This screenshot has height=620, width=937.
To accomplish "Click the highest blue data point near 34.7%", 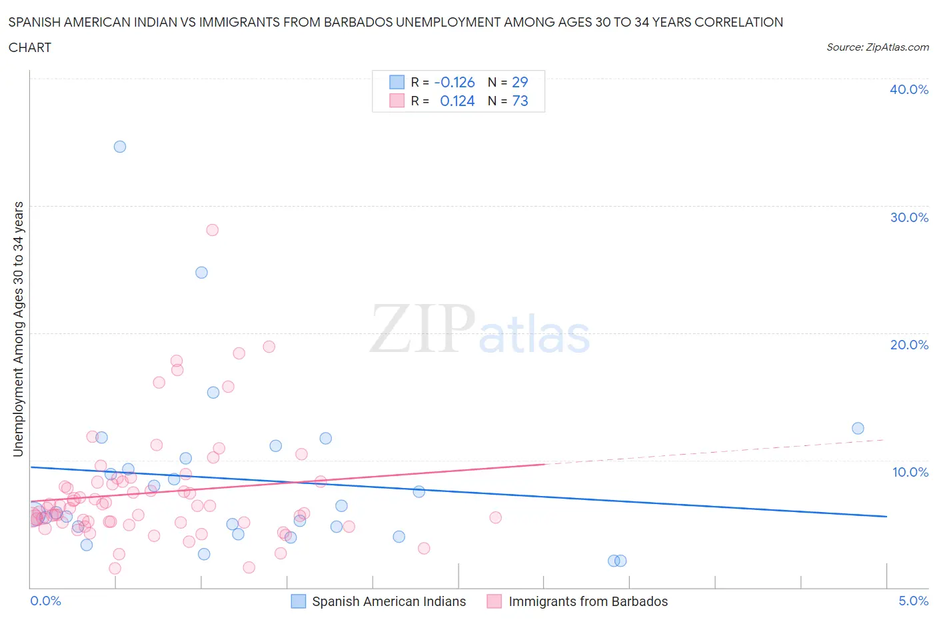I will [120, 147].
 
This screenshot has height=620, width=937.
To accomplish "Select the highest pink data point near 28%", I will [213, 230].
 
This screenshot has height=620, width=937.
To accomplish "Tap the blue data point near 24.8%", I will [201, 273].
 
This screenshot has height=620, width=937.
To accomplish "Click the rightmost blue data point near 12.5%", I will [858, 429].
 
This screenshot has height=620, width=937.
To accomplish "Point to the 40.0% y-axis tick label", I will [909, 89].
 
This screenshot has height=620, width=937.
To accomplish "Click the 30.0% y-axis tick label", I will [909, 217].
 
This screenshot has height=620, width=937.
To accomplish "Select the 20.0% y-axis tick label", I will [909, 345].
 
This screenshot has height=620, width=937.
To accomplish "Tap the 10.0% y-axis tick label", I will [910, 472].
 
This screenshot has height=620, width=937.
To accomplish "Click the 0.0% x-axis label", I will [45, 601].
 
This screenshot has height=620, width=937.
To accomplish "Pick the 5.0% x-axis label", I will [913, 601].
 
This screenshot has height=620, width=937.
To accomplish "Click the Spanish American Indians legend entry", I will [389, 601].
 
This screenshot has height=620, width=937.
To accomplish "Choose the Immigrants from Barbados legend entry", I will [588, 601].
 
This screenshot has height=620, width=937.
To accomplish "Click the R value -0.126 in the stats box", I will [455, 82].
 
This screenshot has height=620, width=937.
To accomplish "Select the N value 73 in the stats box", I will [520, 101].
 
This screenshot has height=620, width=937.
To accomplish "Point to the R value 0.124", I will [457, 101].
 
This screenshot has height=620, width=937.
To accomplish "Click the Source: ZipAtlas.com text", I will [877, 47].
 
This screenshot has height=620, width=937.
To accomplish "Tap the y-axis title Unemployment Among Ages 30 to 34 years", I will [19, 329].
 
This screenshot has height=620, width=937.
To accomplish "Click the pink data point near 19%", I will [269, 347].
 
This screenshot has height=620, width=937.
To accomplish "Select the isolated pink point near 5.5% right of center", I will [495, 517].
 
